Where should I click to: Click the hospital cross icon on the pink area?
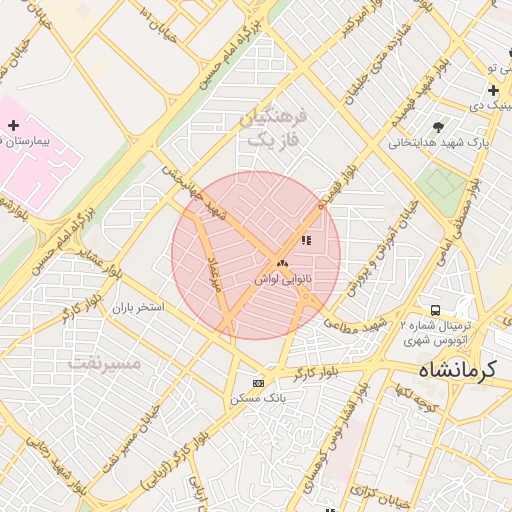point(13,125)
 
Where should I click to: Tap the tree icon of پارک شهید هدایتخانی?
point(438,126)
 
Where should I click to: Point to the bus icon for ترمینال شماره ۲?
point(435,310)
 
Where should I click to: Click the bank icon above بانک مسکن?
point(259,383)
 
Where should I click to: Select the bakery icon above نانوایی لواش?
point(281,264)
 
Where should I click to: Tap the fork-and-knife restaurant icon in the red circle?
point(305,240)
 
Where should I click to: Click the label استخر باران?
point(137,308)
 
